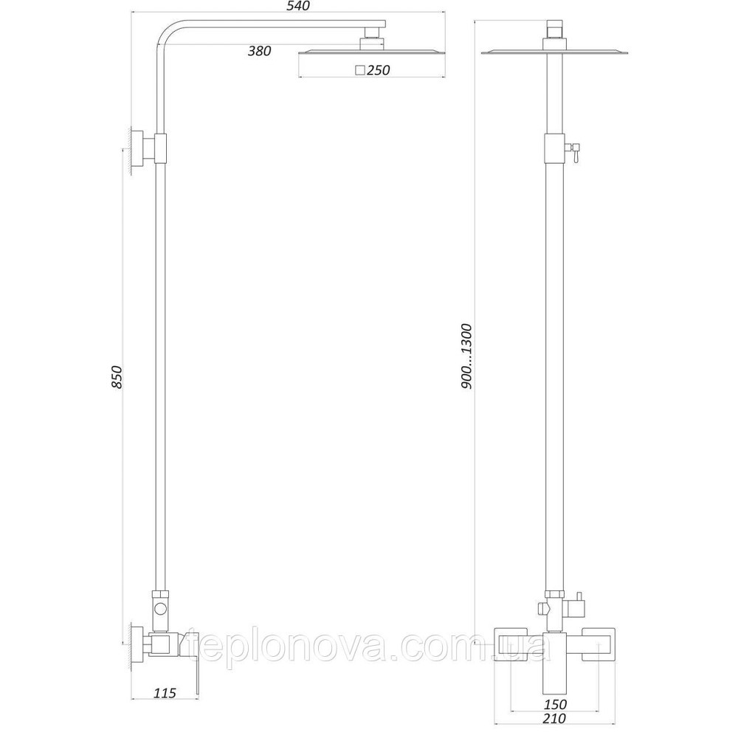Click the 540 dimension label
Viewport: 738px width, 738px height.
[x=286, y=7]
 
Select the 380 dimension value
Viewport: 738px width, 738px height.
[x=260, y=51]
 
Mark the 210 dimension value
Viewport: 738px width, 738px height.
[x=554, y=718]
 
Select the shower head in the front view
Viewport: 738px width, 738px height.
[x=555, y=52]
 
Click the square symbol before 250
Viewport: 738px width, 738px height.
[x=359, y=71]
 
